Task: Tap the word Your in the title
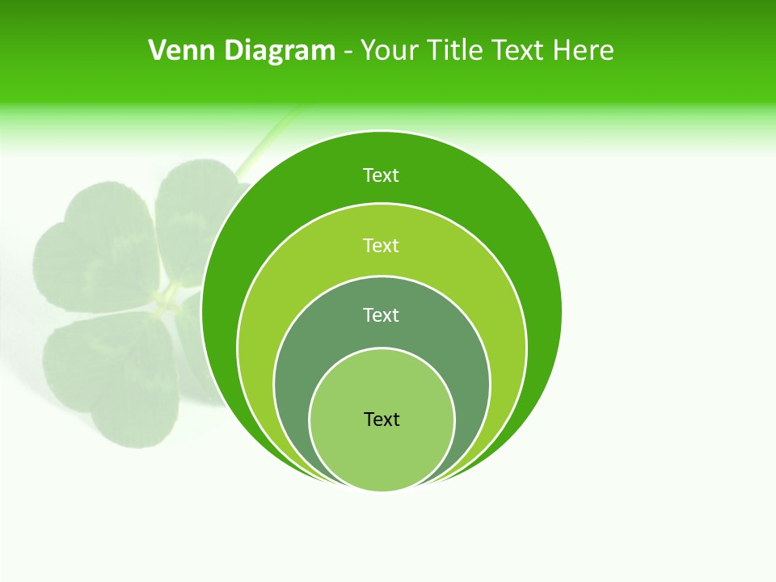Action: coord(386,51)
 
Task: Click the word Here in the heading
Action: coord(583,51)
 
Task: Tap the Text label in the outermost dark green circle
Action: coord(381,175)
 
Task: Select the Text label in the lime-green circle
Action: coord(381,245)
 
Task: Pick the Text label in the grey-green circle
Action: coord(381,314)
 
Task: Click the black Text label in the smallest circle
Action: coord(382,420)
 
